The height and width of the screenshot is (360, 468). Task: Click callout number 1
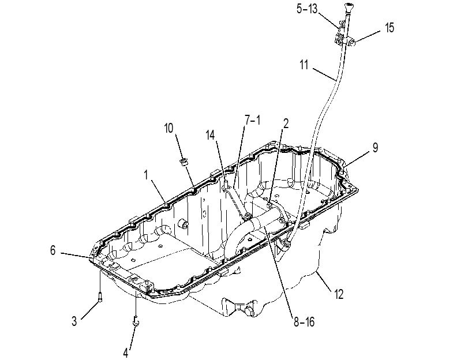pos(146,175)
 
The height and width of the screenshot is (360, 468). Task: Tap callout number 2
pos(286,123)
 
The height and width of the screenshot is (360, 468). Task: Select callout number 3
pos(74,321)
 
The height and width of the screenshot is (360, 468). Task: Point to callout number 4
pos(126,353)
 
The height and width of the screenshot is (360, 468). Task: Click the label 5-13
pos(307,9)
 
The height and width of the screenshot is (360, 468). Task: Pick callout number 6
pos(53,250)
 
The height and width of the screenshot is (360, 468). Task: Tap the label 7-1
pos(253,121)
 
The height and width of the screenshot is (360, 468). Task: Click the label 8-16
pos(304,322)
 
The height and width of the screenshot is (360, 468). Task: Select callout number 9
pos(375,148)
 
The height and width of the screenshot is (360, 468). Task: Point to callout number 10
pos(169,128)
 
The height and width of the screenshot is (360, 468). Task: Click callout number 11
pos(304,65)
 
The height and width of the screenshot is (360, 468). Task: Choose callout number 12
pos(339,294)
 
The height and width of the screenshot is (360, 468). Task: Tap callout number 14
pos(211,135)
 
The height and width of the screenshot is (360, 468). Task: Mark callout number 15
pos(390,28)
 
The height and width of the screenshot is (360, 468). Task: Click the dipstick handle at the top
pos(349,7)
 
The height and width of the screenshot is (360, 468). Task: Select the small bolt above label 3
pos(100,297)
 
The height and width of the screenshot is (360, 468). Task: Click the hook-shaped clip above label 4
pos(136,321)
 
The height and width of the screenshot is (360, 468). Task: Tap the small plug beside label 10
pos(184,162)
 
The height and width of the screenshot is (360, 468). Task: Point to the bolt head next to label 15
pos(353,44)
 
